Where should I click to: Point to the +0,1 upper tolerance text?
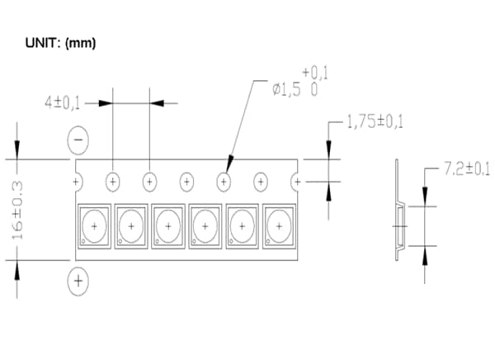(x=316, y=73)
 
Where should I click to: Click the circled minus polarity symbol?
(x=78, y=141)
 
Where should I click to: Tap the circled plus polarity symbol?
(x=78, y=281)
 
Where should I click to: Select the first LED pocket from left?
(x=94, y=225)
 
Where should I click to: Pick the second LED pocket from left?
(x=130, y=225)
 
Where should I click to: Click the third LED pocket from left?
(x=167, y=225)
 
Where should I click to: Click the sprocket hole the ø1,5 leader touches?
(x=223, y=181)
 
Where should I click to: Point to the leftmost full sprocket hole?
(x=112, y=181)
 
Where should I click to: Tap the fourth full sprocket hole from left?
(x=223, y=181)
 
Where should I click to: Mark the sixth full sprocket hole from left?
(x=297, y=181)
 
